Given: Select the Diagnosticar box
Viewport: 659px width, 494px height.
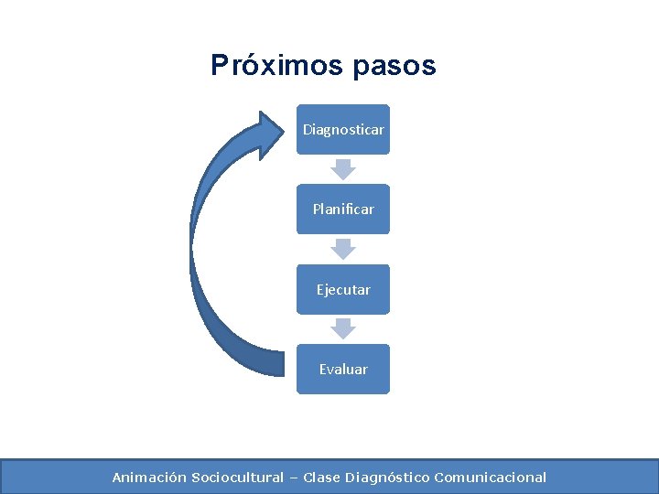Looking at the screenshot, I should [x=343, y=130].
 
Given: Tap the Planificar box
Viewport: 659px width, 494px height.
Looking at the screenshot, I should [x=343, y=209].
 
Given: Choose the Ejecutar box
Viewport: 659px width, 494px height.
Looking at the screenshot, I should [x=343, y=289].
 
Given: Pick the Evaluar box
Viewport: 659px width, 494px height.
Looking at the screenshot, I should [x=343, y=369].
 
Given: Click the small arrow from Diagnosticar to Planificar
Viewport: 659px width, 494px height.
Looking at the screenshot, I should [x=343, y=169].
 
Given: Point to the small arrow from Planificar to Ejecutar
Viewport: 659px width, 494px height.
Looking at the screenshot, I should [x=343, y=249].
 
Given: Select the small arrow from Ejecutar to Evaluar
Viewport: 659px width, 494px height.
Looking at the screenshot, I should [x=343, y=328].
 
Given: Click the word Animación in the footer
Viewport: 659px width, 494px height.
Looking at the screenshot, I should [x=149, y=478].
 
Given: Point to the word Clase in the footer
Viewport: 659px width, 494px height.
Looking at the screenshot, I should [x=321, y=478].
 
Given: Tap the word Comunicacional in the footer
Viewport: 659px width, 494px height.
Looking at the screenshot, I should [x=491, y=478].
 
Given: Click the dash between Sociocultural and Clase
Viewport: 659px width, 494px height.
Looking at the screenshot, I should [x=294, y=478].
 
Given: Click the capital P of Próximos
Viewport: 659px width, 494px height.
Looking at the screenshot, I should [x=219, y=66].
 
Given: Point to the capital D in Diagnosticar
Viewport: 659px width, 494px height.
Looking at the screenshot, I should [x=308, y=130].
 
